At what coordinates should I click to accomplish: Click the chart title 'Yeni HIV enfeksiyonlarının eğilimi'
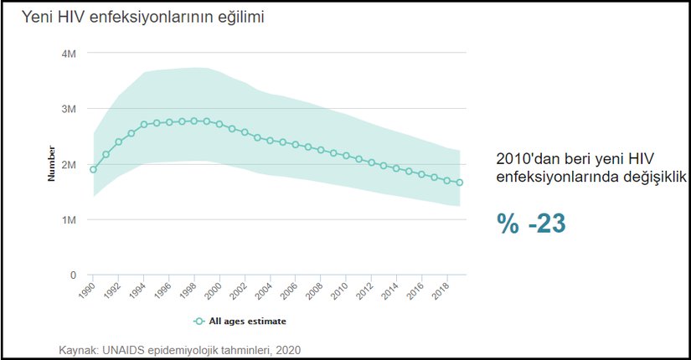coord(136,17)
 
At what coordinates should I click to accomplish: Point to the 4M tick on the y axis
coord(70,54)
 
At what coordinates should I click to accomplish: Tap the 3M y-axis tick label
coord(70,109)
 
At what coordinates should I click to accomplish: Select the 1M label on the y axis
coord(70,219)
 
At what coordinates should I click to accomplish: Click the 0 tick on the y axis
coord(74,275)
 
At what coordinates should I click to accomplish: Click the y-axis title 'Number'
coord(51,164)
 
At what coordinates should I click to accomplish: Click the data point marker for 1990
coord(93,170)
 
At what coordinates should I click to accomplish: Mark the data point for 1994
coord(144,125)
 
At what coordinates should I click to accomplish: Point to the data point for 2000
coord(219,124)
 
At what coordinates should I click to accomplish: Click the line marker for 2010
coord(346,156)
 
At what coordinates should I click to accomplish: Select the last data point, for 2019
coord(460,183)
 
